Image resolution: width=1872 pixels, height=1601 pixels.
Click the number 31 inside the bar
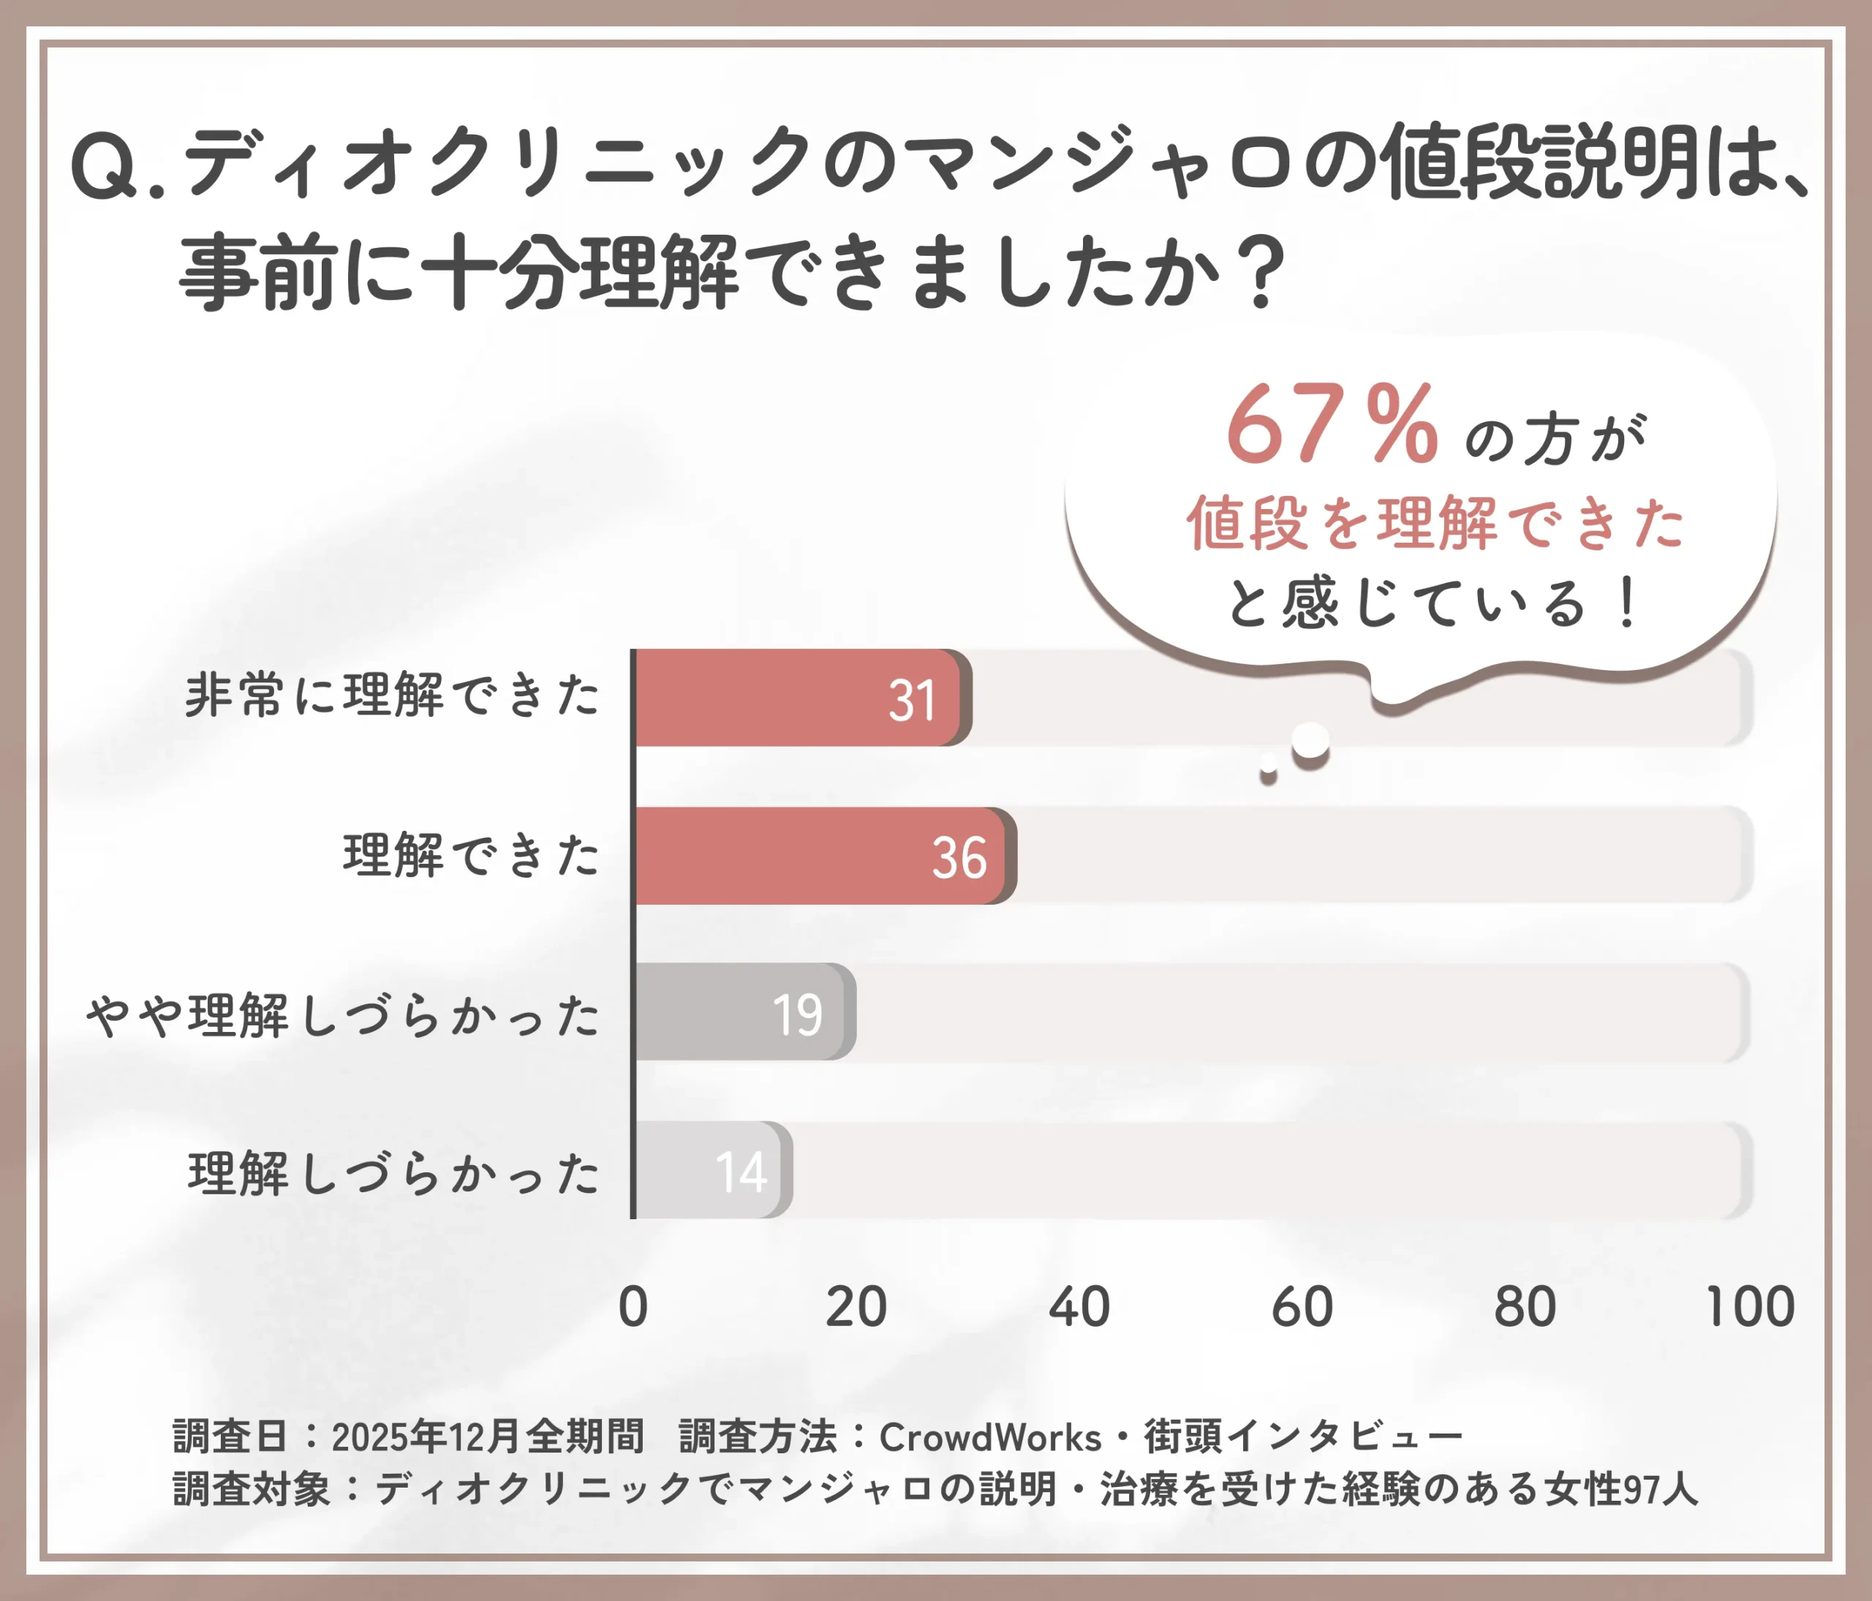pos(912,700)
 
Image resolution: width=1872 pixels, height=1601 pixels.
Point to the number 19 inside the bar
pos(797,1014)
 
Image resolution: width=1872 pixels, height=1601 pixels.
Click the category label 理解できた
pos(471,856)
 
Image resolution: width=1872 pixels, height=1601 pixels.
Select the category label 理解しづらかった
pos(393,1174)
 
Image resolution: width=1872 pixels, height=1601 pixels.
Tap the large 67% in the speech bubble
pos(1331,423)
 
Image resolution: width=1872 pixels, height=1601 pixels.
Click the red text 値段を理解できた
pos(1435,523)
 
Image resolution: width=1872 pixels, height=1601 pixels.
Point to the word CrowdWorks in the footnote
pos(990,1437)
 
